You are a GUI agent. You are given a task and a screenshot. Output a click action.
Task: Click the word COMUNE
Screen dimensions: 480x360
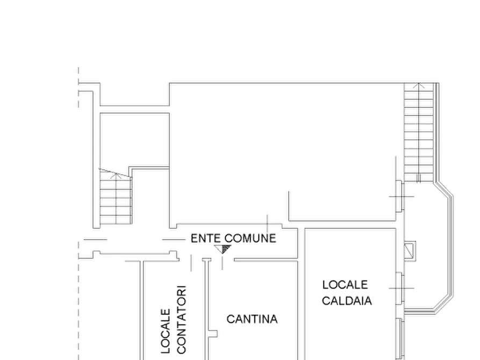(x=250, y=238)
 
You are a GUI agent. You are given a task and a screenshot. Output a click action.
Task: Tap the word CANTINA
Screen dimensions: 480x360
(x=252, y=319)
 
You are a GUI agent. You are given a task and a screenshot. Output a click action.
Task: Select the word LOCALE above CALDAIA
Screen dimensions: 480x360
(x=345, y=285)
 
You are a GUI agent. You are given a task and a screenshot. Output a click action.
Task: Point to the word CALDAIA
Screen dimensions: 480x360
(x=347, y=300)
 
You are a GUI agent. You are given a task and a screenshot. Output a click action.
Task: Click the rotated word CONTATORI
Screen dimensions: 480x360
(x=181, y=320)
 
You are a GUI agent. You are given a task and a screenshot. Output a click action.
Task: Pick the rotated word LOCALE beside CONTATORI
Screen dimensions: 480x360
(x=166, y=331)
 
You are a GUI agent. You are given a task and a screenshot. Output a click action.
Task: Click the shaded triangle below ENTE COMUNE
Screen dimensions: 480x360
(x=223, y=249)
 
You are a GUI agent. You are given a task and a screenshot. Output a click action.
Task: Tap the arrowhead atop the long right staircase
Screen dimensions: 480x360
(x=419, y=86)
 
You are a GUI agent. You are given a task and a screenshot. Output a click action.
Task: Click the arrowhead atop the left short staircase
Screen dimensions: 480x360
(x=116, y=175)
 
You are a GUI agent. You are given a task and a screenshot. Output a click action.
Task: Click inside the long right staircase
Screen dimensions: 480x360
(x=419, y=132)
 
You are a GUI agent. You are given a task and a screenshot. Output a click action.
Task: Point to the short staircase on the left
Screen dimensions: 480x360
(x=116, y=198)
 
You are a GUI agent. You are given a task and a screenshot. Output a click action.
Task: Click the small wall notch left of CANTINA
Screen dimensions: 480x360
(x=213, y=333)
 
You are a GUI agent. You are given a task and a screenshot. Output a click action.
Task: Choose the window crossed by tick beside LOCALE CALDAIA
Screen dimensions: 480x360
(x=400, y=289)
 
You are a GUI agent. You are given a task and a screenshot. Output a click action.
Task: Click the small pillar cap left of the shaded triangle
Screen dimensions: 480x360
(x=206, y=260)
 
